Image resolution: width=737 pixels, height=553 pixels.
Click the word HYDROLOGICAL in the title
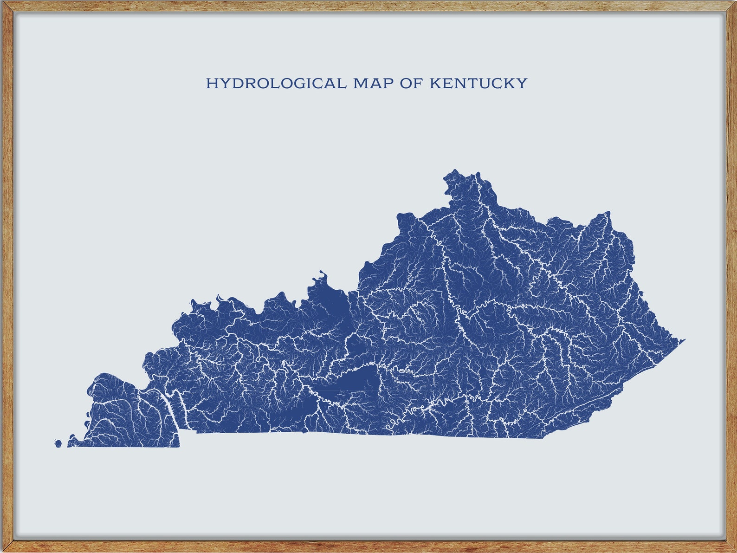tap(276, 84)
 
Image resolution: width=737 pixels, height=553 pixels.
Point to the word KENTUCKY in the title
tap(478, 84)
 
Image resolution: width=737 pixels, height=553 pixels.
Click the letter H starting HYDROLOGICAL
tap(212, 84)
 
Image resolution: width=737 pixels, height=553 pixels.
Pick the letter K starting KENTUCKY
tap(435, 84)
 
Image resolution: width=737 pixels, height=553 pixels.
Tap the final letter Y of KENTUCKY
tap(522, 84)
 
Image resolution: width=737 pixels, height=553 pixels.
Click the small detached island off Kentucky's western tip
tap(58, 444)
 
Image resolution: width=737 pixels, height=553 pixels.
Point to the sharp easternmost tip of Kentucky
tap(684, 340)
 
